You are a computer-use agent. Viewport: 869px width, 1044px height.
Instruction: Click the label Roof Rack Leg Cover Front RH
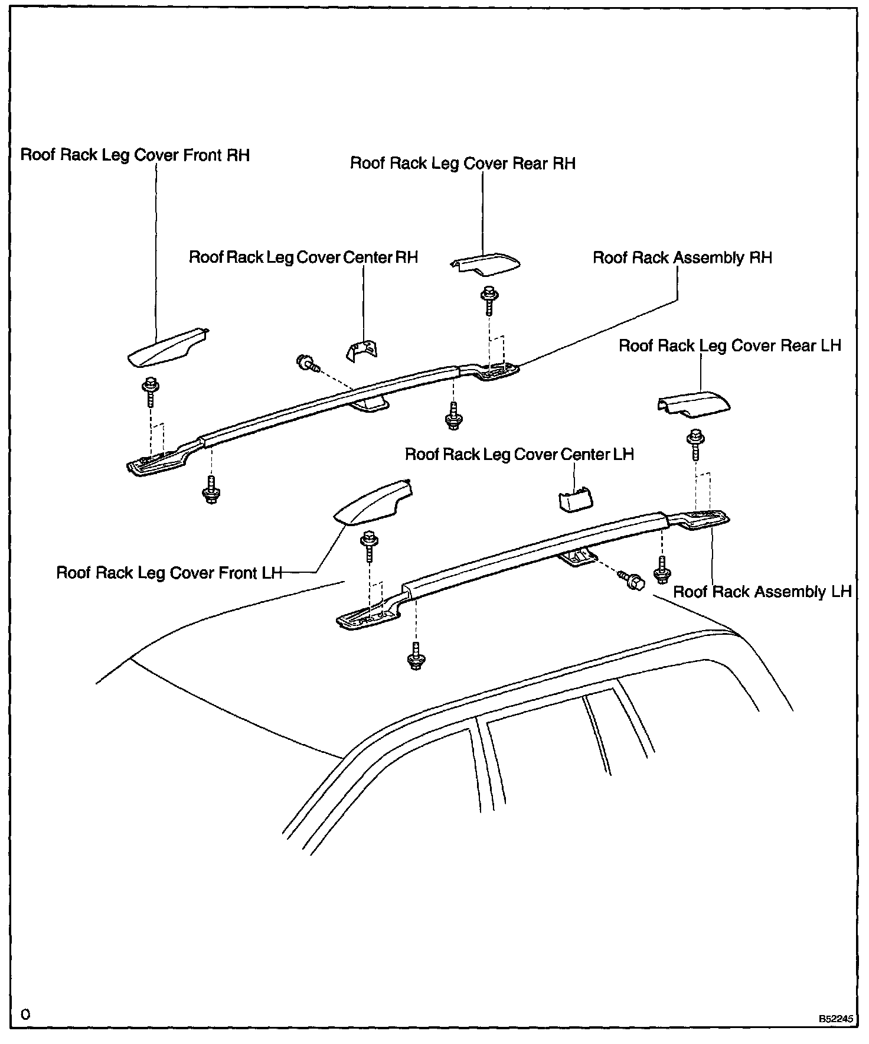coord(135,155)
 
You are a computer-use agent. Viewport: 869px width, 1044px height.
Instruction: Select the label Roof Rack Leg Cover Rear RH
coord(463,164)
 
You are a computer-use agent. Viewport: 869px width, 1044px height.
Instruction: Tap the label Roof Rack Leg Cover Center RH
coord(303,257)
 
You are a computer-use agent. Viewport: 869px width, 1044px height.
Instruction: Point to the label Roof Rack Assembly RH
coord(682,258)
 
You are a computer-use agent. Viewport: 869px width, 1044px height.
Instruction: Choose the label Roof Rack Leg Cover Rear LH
coord(730,345)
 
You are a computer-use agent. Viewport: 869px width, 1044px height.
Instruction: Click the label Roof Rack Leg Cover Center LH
coord(519,455)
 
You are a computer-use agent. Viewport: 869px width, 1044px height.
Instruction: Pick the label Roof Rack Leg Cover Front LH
coord(169,573)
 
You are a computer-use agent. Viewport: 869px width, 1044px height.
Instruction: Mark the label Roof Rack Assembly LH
coord(762,592)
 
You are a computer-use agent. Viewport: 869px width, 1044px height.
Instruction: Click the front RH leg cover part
coord(165,348)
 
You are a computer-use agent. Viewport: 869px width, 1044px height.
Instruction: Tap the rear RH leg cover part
coord(485,264)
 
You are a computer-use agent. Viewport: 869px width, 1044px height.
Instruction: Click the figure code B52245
coord(835,1019)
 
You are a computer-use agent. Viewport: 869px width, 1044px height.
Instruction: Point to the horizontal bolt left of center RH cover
coord(307,364)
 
